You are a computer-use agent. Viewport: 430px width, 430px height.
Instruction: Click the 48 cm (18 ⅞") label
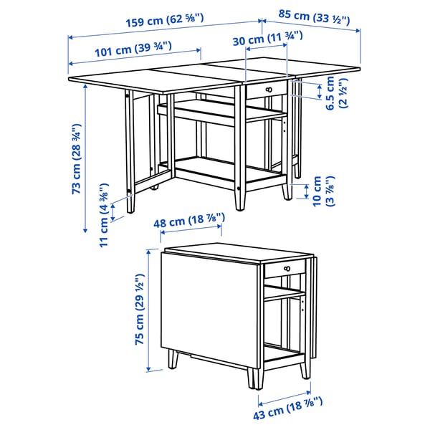coord(191,224)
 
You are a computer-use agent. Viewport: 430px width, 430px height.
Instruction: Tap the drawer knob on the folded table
coord(285,268)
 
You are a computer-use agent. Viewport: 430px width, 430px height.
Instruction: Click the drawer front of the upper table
coord(266,89)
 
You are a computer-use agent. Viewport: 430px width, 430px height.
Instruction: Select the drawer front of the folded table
coord(285,269)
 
